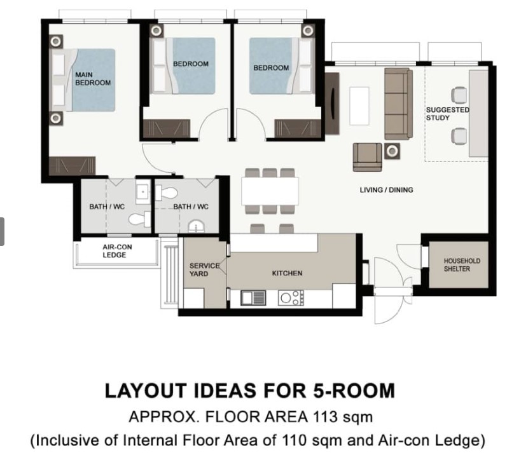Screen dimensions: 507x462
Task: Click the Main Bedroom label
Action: (93, 79)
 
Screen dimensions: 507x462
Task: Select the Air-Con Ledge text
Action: (117, 251)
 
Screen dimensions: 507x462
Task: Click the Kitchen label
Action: (287, 273)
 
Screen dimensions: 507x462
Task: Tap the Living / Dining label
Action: (386, 190)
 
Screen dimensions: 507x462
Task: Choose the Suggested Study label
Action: (447, 114)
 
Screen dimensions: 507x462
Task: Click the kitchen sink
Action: (253, 298)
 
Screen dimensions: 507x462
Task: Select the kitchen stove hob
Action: (291, 298)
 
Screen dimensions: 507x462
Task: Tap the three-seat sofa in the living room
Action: (398, 104)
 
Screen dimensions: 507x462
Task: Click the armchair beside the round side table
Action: (367, 157)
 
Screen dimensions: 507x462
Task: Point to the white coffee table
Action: (359, 105)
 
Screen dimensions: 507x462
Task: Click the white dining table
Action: (270, 191)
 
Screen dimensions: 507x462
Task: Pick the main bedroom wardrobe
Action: (72, 166)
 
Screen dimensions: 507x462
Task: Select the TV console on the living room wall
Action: (332, 104)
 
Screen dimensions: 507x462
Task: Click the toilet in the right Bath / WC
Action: (166, 194)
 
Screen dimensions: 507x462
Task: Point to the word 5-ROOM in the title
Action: (354, 390)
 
